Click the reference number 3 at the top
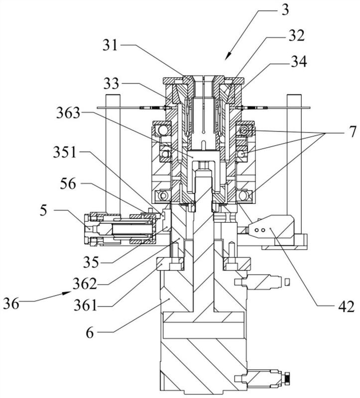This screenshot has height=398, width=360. [285, 10]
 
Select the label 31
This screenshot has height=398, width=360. [111, 45]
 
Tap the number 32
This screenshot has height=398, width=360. [296, 36]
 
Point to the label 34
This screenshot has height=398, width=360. [299, 61]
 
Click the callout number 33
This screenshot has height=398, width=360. [111, 84]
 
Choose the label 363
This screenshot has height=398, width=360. [68, 113]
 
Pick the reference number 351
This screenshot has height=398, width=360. [65, 153]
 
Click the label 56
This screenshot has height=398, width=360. [68, 184]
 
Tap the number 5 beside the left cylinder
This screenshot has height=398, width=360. [43, 210]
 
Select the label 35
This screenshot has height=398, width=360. [91, 262]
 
